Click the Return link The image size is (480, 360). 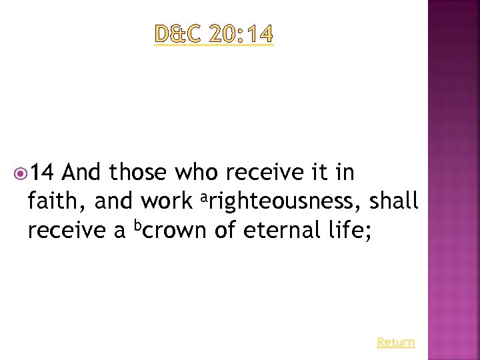click(395, 342)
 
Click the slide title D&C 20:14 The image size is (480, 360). click(214, 34)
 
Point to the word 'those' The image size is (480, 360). click(137, 173)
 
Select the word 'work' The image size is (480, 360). click(167, 201)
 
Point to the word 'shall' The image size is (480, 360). click(395, 201)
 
